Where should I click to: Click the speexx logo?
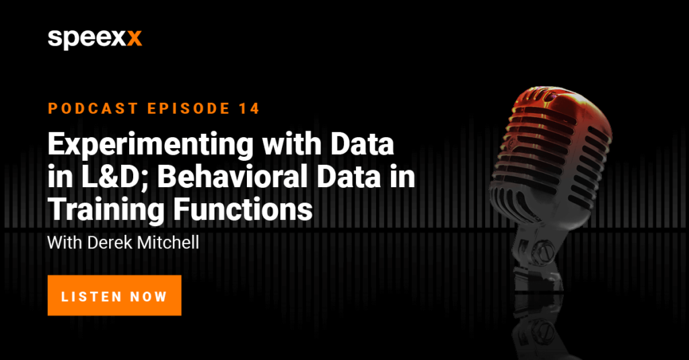tap(95, 39)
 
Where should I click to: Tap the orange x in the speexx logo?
tap(134, 38)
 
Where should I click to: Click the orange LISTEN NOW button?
tap(114, 295)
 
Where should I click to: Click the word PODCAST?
tap(94, 108)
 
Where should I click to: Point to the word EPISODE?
tap(189, 108)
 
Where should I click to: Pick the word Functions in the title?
tap(242, 210)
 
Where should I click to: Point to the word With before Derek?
tap(65, 243)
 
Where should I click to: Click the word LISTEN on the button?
tap(92, 296)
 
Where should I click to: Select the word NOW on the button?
tap(149, 296)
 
